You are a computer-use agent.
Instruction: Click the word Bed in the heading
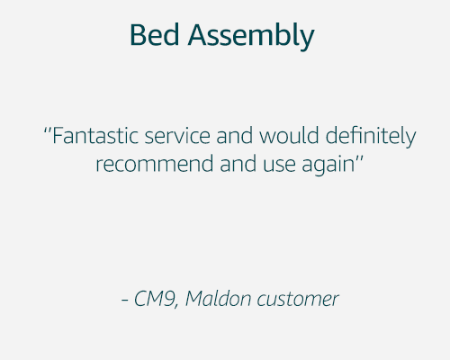click(x=150, y=35)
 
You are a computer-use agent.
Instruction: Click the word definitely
click(x=367, y=139)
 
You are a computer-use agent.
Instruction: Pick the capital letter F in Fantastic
click(x=57, y=137)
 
